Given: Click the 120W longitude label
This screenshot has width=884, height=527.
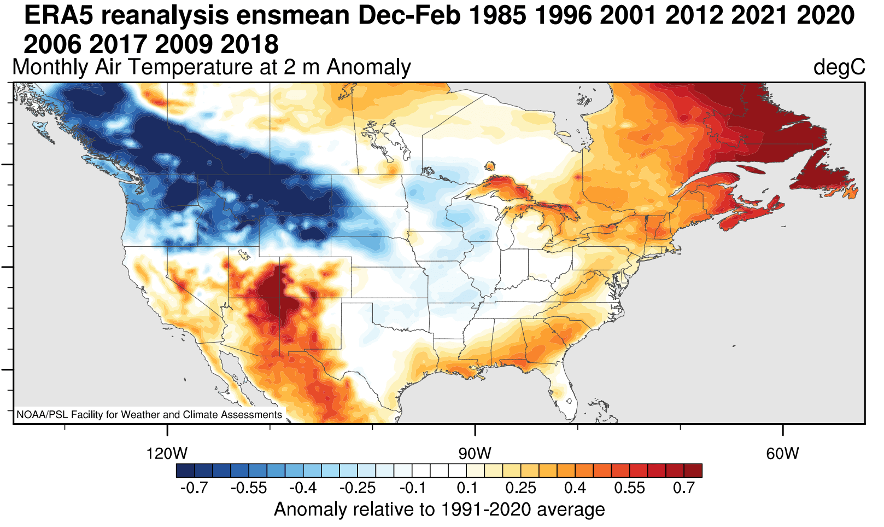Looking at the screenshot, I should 167,454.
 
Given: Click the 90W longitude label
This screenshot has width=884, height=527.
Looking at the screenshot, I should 475,454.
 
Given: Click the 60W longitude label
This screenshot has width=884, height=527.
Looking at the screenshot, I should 782,454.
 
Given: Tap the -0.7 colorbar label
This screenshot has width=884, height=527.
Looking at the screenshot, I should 194,488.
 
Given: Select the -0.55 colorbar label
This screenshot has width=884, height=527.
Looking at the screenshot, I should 249,488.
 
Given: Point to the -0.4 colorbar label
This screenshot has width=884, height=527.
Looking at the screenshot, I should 303,488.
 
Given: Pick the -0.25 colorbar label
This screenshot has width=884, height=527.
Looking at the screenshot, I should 358,488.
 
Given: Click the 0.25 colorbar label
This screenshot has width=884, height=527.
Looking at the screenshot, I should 520,488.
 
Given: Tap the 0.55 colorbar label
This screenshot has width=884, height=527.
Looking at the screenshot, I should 629,488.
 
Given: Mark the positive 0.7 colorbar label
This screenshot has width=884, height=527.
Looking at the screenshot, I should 684,488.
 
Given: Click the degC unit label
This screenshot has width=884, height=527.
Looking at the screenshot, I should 839,67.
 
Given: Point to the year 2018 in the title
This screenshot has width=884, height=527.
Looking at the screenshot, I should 250,44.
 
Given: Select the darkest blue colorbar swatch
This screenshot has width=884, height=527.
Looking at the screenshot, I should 185,471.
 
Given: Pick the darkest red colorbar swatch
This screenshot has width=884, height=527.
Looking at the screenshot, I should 693,471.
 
